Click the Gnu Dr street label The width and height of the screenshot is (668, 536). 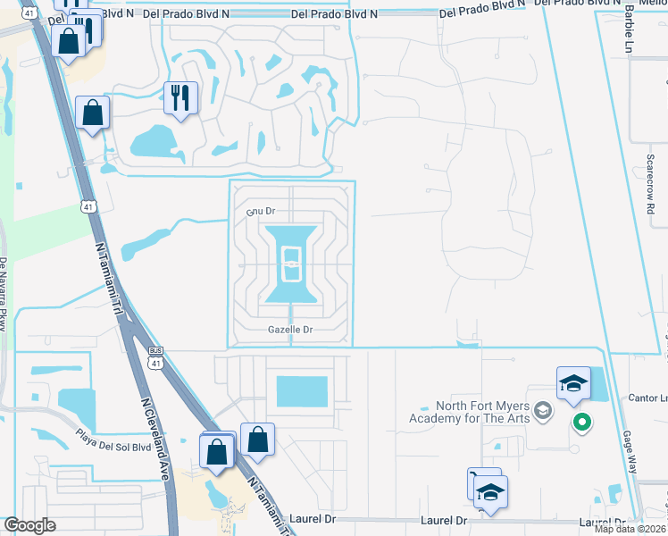point(259,212)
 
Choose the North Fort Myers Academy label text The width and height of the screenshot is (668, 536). point(468,412)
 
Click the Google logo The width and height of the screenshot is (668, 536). point(30,524)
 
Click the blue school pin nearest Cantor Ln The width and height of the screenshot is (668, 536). point(573,385)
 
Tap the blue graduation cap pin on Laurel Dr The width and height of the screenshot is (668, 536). point(490,493)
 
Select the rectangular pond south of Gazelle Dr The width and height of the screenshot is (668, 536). point(302,391)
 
